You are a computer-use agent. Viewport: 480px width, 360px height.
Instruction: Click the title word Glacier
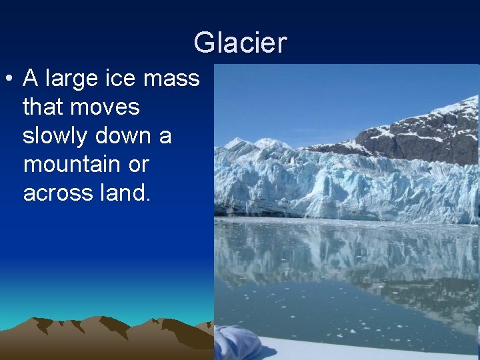pos(240,43)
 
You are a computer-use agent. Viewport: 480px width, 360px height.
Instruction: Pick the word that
pos(44,107)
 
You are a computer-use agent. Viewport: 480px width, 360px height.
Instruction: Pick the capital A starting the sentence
pos(30,79)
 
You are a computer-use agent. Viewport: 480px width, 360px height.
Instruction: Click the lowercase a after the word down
pos(165,136)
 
